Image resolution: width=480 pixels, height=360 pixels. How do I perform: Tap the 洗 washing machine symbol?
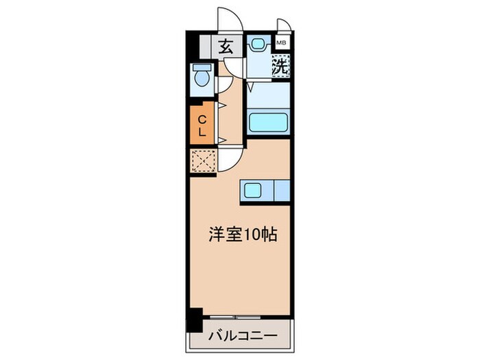tap(280, 67)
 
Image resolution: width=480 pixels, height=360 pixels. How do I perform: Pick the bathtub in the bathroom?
tap(267, 123)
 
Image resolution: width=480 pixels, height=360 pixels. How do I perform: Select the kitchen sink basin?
tap(252, 191)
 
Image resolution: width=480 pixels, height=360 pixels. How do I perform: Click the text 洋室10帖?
tap(243, 235)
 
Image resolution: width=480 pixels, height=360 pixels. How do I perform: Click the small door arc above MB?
tap(284, 25)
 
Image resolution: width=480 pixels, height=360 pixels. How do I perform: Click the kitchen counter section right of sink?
tap(281, 191)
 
